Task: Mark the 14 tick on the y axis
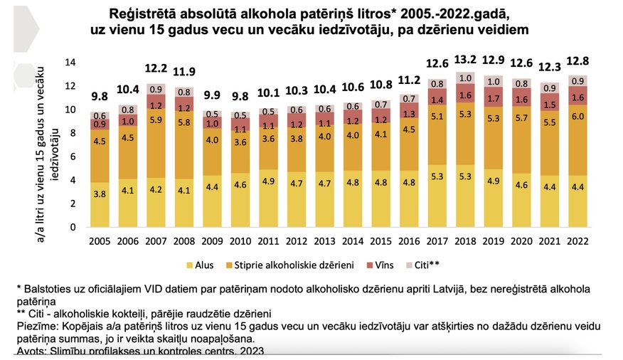pyautogui.click(x=70, y=63)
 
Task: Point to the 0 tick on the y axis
pyautogui.click(x=73, y=227)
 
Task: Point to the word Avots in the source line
pyautogui.click(x=31, y=351)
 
